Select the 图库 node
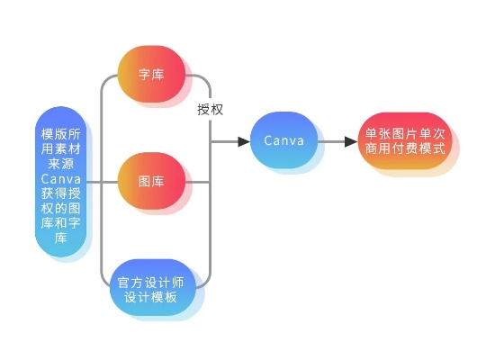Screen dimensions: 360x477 pos(151,182)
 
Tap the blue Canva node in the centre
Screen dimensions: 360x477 pos(283,141)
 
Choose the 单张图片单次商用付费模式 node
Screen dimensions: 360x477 pos(404,141)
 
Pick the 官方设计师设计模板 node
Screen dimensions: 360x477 pos(151,288)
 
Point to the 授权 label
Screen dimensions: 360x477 pos(211,109)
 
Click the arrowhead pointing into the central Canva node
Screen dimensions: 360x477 pos(243,141)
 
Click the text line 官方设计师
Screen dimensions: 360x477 pos(151,281)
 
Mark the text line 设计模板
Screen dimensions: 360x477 pos(151,297)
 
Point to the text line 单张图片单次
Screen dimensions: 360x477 pos(404,133)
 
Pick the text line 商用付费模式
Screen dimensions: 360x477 pos(404,149)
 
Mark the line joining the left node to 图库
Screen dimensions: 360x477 pos(103,182)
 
